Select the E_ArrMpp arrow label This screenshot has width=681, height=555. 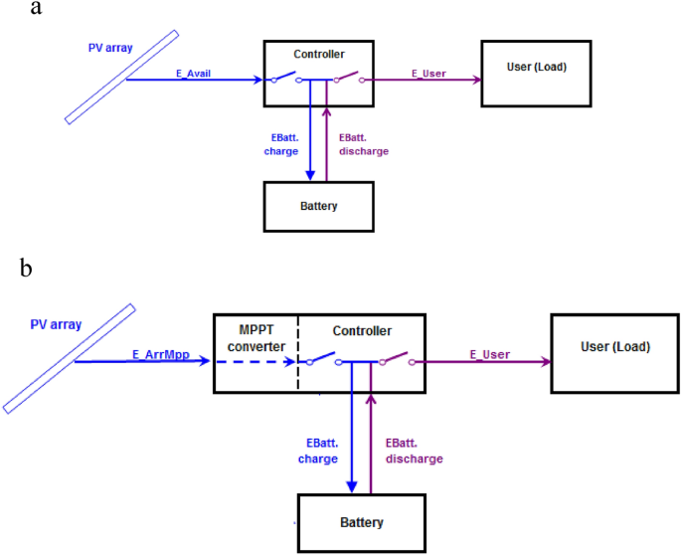click(161, 353)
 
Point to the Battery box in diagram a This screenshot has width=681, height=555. click(319, 206)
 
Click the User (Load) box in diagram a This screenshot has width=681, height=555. click(536, 73)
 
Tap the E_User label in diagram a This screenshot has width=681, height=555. click(428, 72)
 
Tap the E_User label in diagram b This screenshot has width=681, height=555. click(488, 353)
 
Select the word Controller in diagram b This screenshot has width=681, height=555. click(362, 330)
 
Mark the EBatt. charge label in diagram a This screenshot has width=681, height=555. click(280, 145)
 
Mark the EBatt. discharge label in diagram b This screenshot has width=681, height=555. click(411, 452)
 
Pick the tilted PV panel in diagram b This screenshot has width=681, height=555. click(69, 358)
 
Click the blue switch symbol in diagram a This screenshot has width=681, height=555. click(284, 79)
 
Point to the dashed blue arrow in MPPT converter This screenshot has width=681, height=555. click(254, 363)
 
